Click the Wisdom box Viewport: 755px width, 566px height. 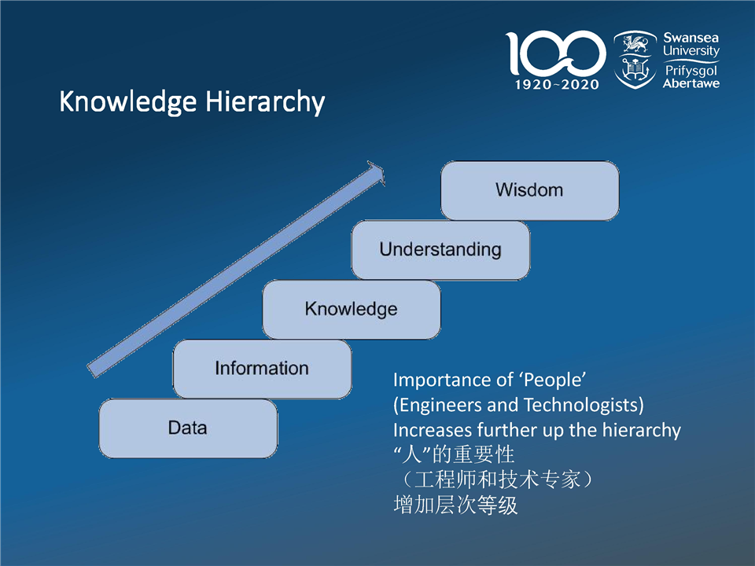529,190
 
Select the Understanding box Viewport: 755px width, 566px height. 440,250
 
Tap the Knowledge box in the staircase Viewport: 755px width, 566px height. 352,310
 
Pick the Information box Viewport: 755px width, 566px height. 262,369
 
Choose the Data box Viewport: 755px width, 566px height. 188,428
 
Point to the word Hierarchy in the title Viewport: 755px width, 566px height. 265,102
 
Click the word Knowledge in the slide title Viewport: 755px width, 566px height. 128,102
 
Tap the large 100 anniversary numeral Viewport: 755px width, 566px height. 555,53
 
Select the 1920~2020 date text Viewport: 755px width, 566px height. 557,85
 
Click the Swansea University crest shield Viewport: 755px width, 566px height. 635,59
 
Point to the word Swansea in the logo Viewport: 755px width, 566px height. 691,38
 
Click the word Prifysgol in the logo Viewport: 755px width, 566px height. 691,72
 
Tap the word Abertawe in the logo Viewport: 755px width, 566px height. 691,84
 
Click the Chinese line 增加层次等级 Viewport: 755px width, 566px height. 455,505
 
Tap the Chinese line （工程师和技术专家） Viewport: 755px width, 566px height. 497,480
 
